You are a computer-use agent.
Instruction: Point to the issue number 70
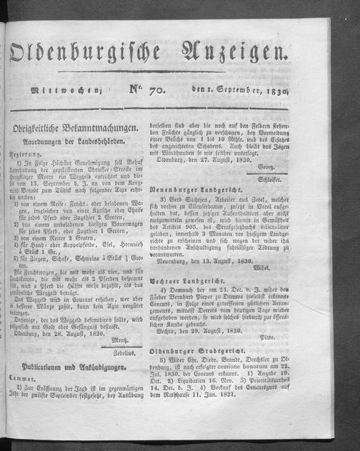point(149,88)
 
